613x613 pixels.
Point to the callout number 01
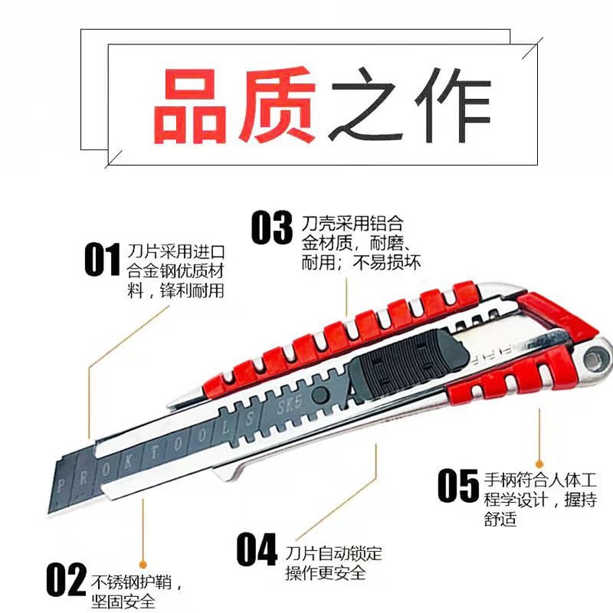pyautogui.click(x=102, y=261)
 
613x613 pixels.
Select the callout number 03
pyautogui.click(x=272, y=228)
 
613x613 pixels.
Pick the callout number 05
pyautogui.click(x=457, y=484)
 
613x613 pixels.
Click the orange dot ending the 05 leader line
pyautogui.click(x=540, y=463)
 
